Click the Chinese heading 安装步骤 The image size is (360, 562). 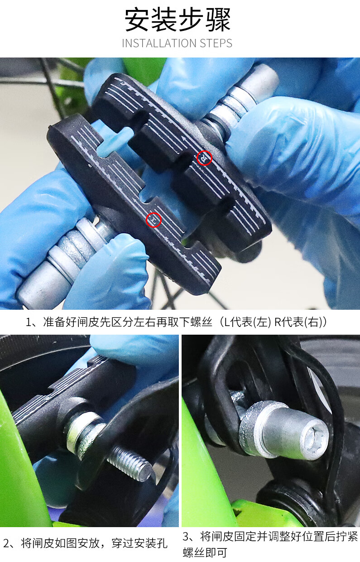click(178, 20)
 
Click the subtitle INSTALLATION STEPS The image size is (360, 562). click(177, 43)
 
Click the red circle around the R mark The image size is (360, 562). click(205, 158)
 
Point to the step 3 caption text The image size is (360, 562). click(270, 544)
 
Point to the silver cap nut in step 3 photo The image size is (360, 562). click(285, 430)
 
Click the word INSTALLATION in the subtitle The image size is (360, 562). click(154, 43)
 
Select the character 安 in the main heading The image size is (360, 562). click(138, 20)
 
